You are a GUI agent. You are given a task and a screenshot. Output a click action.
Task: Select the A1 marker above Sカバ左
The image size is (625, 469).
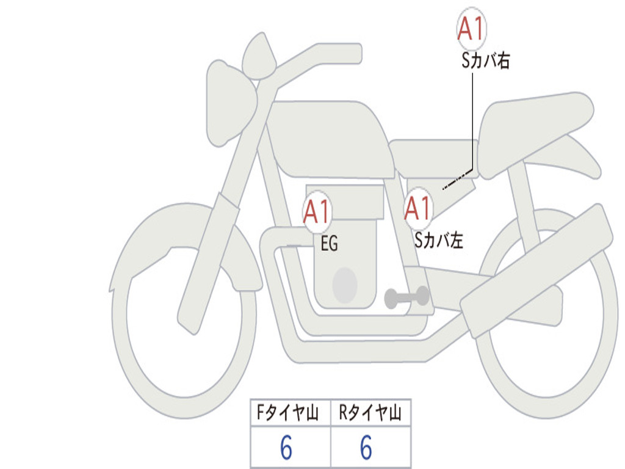point(418,208)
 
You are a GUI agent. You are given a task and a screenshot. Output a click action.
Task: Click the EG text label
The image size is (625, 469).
point(329,243)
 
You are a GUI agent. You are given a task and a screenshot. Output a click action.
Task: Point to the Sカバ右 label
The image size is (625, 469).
point(485,60)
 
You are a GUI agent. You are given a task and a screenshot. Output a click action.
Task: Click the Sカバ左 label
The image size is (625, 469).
point(438,240)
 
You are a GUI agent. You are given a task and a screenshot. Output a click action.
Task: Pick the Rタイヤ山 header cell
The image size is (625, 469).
point(370,412)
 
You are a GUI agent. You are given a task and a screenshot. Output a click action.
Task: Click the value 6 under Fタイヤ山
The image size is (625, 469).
point(286,447)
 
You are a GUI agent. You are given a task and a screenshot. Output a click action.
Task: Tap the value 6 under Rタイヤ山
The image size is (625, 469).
point(366,447)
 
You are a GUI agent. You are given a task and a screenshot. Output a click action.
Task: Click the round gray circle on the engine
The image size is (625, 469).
point(345,286)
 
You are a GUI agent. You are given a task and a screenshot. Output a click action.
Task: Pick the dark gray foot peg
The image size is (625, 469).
point(406,297)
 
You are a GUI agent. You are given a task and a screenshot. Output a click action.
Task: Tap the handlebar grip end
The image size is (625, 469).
point(351,54)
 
